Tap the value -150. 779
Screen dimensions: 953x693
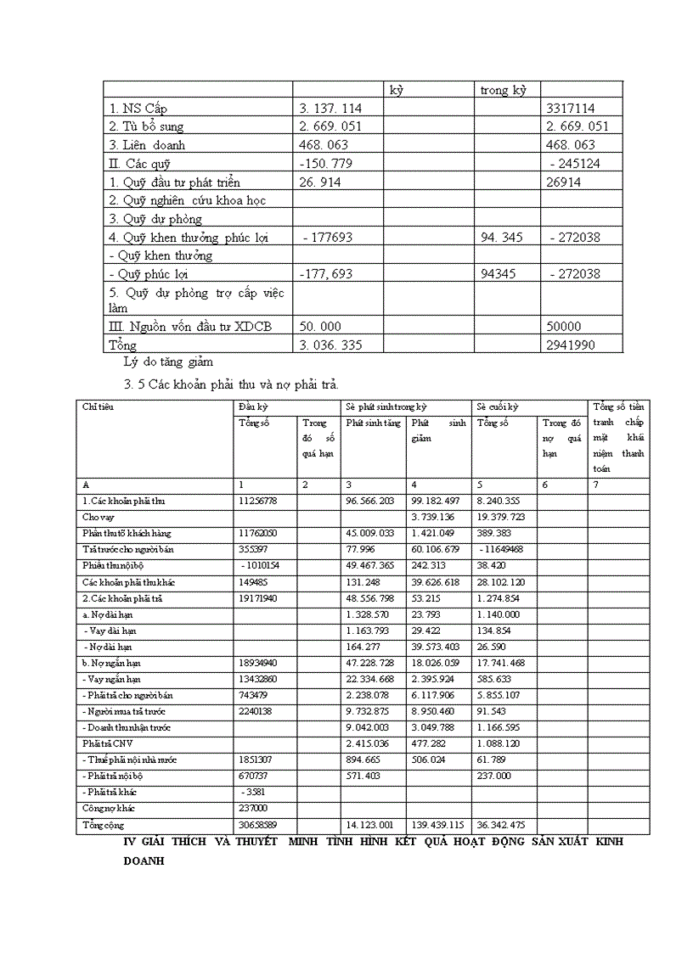click(325, 163)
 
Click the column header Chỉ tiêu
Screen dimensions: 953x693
click(99, 407)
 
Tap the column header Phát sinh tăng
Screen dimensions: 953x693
click(372, 423)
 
